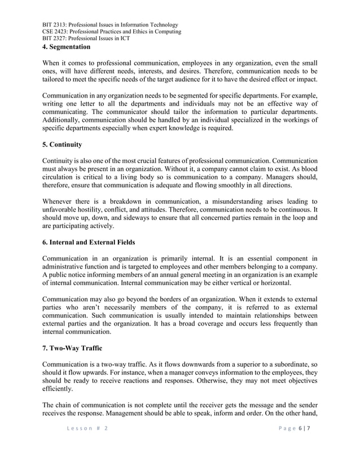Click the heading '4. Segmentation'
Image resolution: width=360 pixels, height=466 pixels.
click(67, 46)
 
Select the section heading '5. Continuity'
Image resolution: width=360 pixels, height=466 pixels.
click(62, 144)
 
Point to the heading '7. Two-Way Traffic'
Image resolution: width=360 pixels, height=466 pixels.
click(72, 348)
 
